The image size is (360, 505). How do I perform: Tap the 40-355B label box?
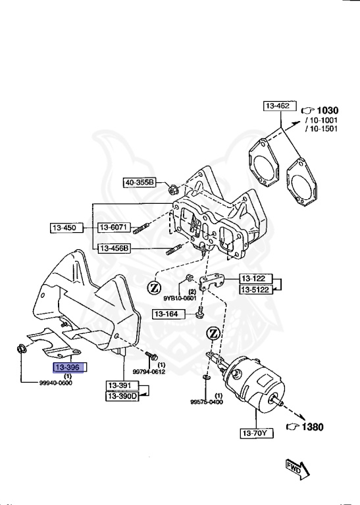[x=139, y=182]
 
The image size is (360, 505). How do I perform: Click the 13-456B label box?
[x=115, y=248]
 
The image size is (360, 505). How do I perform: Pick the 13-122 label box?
[x=255, y=278]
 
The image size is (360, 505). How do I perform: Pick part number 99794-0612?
[x=149, y=371]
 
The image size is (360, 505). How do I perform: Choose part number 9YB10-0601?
[x=180, y=298]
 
